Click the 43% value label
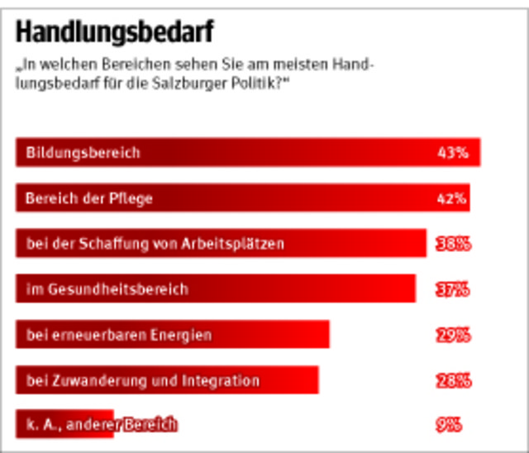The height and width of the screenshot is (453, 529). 453,153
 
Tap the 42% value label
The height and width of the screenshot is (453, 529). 453,198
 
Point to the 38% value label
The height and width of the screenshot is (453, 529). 453,244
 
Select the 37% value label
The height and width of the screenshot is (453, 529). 453,289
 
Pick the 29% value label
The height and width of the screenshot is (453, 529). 453,335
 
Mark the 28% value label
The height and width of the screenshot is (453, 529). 453,380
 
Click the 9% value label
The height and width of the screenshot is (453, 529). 449,425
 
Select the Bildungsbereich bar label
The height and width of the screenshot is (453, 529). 83,153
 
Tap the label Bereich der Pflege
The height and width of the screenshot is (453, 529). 89,198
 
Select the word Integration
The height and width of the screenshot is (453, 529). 222,380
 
